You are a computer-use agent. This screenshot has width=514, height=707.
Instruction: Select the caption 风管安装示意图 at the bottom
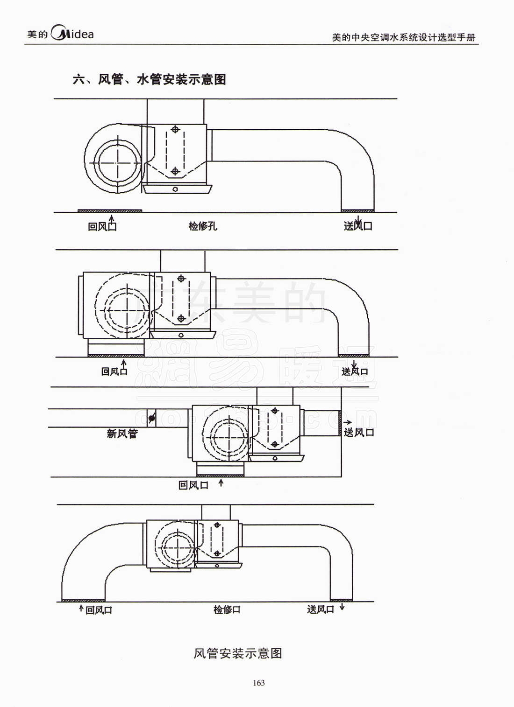(x=238, y=653)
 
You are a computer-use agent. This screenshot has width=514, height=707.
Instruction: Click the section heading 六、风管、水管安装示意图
(x=149, y=79)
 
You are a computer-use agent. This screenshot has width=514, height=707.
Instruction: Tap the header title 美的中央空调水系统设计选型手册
(x=404, y=37)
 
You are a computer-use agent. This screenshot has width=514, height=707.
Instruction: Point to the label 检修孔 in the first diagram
(x=203, y=226)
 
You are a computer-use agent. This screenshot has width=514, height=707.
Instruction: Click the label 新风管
(x=122, y=434)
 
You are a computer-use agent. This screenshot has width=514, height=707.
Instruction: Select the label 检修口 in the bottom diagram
(x=227, y=609)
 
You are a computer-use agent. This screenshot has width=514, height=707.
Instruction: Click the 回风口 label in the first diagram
(x=102, y=226)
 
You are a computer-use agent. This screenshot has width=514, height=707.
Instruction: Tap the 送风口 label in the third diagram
(x=359, y=432)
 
